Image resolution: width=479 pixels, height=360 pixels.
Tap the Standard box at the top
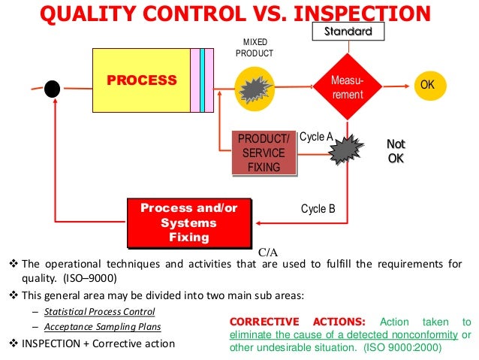[x=348, y=32]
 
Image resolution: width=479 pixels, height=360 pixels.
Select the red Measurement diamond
[x=347, y=88]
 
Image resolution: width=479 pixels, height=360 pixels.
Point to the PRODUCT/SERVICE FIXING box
[x=263, y=153]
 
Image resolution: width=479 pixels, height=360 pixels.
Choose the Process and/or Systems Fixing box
[x=188, y=223]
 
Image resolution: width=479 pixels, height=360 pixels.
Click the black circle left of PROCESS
[x=51, y=89]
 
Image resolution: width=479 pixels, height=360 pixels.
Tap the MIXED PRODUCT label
[x=255, y=48]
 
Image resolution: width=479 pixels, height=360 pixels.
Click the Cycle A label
[x=316, y=137]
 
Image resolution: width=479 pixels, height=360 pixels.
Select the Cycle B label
[x=318, y=208]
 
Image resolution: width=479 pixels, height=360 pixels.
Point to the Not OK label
[x=395, y=151]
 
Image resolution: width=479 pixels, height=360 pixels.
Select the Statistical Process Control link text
[x=99, y=311]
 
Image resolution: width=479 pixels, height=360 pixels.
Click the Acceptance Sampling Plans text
[x=102, y=327]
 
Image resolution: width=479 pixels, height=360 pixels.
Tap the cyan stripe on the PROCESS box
[x=203, y=80]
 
